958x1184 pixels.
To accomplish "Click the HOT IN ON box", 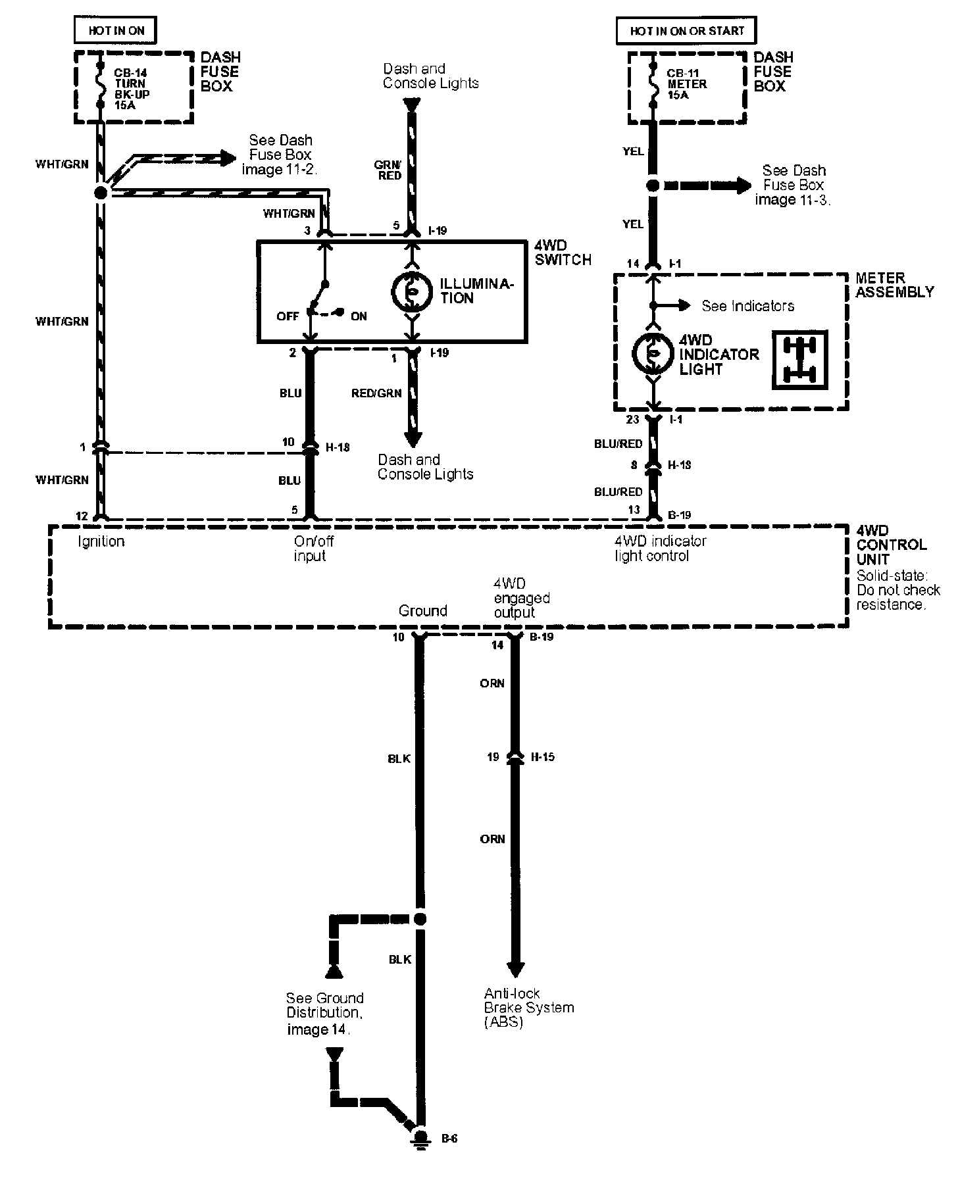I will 116,30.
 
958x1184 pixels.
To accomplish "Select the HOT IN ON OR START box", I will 686,30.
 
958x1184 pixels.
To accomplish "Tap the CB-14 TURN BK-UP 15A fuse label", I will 132,89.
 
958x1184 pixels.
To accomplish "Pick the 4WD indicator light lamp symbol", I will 652,354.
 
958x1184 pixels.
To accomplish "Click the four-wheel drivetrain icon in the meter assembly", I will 799,360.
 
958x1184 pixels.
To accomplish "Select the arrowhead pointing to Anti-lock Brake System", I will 515,969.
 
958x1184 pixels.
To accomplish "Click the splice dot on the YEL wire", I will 653,185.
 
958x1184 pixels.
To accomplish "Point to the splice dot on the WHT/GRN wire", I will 101,193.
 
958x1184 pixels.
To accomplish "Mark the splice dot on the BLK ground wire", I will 420,919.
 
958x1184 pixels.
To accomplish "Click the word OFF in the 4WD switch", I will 288,316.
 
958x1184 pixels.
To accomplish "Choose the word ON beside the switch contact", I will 359,316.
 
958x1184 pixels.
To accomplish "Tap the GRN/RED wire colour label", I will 389,170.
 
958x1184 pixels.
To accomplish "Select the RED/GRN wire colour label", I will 376,393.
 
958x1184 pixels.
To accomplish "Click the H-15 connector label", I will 542,757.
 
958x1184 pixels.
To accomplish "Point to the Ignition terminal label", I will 101,541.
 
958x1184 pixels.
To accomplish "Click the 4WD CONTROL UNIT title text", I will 891,545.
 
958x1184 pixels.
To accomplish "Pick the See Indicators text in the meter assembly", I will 747,306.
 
